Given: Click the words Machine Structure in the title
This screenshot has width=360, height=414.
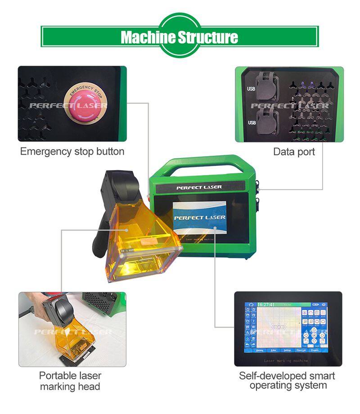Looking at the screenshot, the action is pyautogui.click(x=180, y=37).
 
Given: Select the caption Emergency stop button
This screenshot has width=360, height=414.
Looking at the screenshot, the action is pyautogui.click(x=72, y=152).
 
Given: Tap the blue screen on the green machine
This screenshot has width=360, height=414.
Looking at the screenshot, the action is pyautogui.click(x=199, y=218).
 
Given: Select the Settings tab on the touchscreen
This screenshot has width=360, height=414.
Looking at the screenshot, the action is pyautogui.click(x=287, y=350).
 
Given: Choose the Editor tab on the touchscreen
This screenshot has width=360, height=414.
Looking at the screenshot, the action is pyautogui.click(x=273, y=350).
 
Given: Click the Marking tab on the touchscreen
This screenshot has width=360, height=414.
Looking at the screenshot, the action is pyautogui.click(x=259, y=350).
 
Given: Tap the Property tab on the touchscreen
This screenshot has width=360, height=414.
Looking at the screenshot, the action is pyautogui.click(x=315, y=350).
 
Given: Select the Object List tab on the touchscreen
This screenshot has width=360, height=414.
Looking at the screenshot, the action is pyautogui.click(x=301, y=350).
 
